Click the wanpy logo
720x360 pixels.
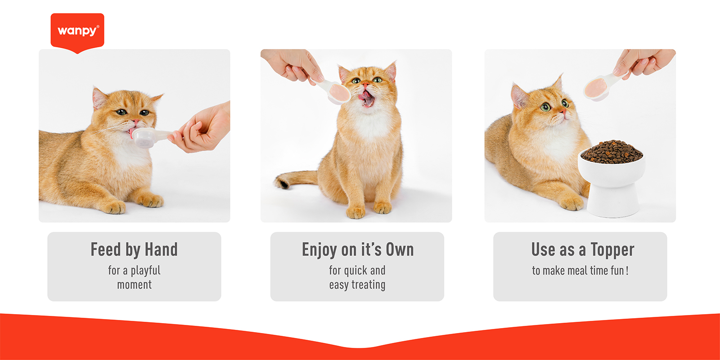(77, 31)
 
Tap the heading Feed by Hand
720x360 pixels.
(134, 250)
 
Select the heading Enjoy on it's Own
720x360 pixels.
(358, 250)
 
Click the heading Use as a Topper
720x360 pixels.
(583, 250)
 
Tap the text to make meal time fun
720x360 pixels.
(580, 270)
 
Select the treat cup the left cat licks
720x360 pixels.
(146, 137)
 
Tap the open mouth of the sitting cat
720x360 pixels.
(367, 99)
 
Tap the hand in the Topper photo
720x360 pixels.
(646, 61)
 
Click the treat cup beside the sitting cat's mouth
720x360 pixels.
(337, 92)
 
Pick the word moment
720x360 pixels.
(134, 285)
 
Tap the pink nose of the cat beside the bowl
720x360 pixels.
(562, 111)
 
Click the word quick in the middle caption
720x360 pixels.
(355, 270)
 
